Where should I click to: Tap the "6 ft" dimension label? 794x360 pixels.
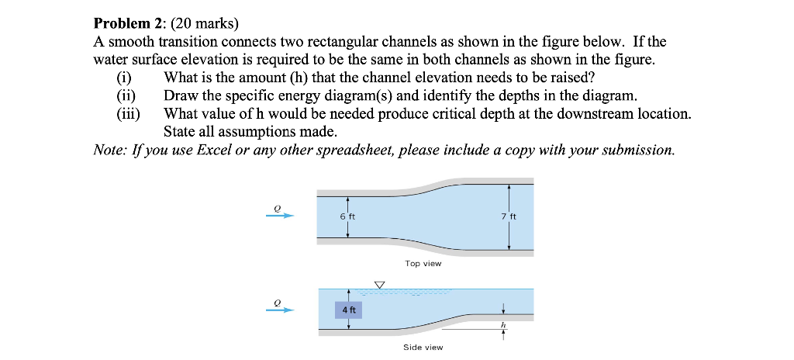click(347, 216)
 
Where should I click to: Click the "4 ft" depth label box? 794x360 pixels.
click(347, 310)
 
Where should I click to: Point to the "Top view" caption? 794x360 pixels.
click(423, 264)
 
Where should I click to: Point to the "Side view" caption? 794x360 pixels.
click(423, 347)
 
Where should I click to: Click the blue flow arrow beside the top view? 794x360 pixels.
click(280, 216)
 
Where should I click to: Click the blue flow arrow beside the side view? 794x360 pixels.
click(280, 310)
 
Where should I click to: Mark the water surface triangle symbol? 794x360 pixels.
click(379, 285)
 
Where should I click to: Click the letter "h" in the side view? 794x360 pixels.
click(503, 324)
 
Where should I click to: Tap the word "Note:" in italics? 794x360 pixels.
click(109, 150)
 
